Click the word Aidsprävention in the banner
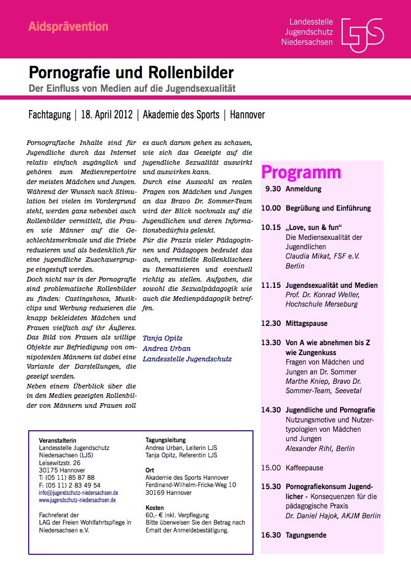(68, 27)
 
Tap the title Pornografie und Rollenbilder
(131, 72)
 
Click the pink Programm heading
(301, 172)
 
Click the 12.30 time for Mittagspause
(271, 323)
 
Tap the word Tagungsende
(306, 535)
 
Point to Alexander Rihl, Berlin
(320, 448)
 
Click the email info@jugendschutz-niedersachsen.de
(78, 492)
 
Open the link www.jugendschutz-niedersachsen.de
(77, 500)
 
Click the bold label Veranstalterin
(57, 441)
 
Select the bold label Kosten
(154, 507)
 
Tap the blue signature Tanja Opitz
(162, 338)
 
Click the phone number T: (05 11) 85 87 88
(67, 477)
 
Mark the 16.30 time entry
(271, 535)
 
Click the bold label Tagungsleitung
(165, 440)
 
